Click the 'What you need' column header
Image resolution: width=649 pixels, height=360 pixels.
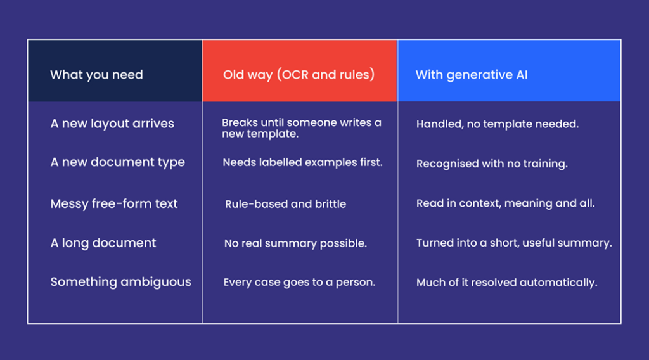click(x=96, y=75)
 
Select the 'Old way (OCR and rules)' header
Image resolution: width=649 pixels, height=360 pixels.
click(x=299, y=75)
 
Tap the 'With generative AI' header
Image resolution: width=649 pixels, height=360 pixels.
click(x=472, y=75)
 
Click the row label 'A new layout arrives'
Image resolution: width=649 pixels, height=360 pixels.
click(x=112, y=124)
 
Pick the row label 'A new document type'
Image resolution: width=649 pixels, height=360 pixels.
click(x=117, y=162)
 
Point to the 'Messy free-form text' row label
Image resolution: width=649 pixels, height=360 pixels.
click(x=114, y=203)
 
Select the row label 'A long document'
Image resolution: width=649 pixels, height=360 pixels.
click(x=103, y=243)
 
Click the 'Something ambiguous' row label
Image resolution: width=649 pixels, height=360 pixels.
click(x=121, y=282)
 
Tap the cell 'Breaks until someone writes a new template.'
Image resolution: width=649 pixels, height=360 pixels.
click(x=301, y=128)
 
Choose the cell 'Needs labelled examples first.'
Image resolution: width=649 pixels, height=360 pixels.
click(x=302, y=162)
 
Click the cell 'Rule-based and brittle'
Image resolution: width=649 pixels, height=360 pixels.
click(x=286, y=204)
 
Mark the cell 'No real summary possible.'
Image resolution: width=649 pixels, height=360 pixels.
click(x=295, y=243)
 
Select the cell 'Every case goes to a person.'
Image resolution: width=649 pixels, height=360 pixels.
click(x=299, y=282)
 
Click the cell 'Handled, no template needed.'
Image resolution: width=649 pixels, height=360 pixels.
click(x=498, y=124)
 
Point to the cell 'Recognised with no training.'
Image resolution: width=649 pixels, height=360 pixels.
click(x=492, y=164)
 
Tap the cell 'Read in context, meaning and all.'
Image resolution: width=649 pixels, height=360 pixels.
click(x=505, y=203)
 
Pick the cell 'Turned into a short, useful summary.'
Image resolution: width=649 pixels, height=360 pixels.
click(x=514, y=243)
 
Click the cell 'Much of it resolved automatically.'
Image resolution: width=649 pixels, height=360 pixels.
click(x=506, y=283)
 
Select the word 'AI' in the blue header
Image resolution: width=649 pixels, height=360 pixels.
click(x=522, y=75)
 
